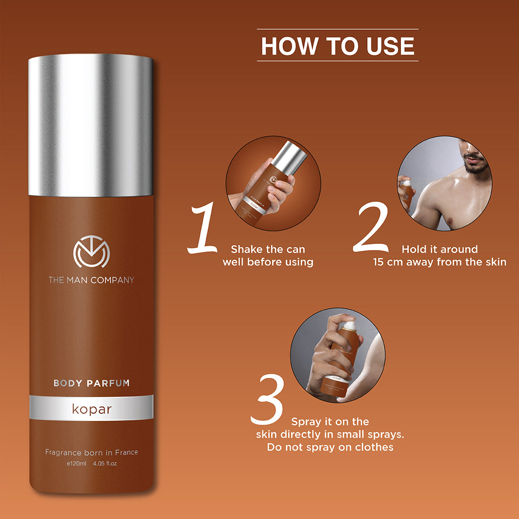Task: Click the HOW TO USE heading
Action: coord(337,46)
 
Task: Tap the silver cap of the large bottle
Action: coord(91,125)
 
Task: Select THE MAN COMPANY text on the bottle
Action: coord(91,280)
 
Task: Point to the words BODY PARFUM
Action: coord(91,383)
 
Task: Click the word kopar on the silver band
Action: coord(91,409)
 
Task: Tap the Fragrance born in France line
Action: coord(91,452)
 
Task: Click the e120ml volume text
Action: coord(76,463)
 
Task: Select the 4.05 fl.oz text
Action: coord(105,463)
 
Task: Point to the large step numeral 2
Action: coord(372,227)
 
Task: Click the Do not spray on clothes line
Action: coord(330,447)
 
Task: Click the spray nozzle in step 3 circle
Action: coord(349,326)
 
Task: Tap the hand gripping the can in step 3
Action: coord(326,359)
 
